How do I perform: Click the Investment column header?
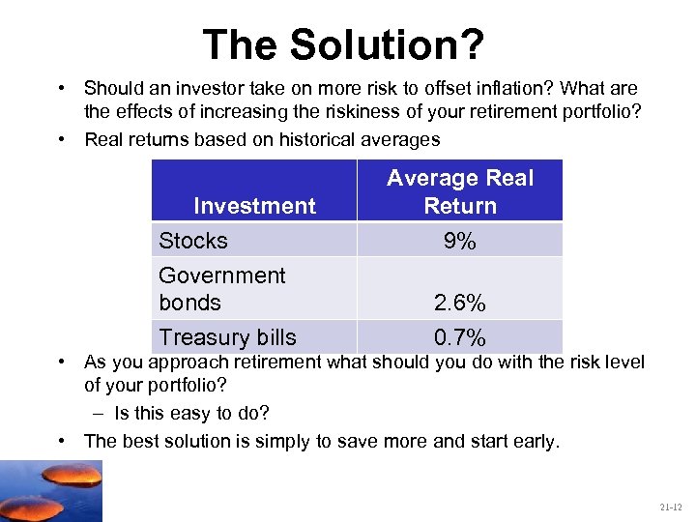(254, 206)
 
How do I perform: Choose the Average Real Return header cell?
(460, 191)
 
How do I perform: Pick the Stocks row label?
(193, 241)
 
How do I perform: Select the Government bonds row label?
(221, 289)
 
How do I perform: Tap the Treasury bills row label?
(227, 337)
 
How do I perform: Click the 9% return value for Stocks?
(460, 242)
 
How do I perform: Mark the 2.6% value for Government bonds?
(460, 304)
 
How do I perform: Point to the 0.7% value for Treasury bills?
(460, 337)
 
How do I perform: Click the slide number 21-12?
(671, 507)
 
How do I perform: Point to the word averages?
(403, 139)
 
